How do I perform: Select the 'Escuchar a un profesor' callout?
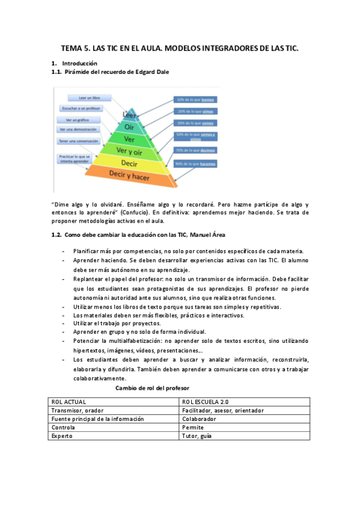(x=81, y=109)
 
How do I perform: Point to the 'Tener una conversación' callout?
(x=79, y=141)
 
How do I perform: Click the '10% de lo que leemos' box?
(x=195, y=100)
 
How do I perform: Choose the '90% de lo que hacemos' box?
(x=195, y=164)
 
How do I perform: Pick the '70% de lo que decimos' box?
(x=195, y=150)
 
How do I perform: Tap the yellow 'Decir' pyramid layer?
(x=129, y=162)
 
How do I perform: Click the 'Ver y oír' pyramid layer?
(x=129, y=150)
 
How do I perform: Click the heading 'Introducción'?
(x=79, y=63)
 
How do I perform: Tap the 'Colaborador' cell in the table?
(x=199, y=419)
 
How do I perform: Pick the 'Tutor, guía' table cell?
(x=197, y=436)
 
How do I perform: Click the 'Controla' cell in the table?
(x=64, y=428)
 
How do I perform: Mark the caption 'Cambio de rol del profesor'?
(x=151, y=389)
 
